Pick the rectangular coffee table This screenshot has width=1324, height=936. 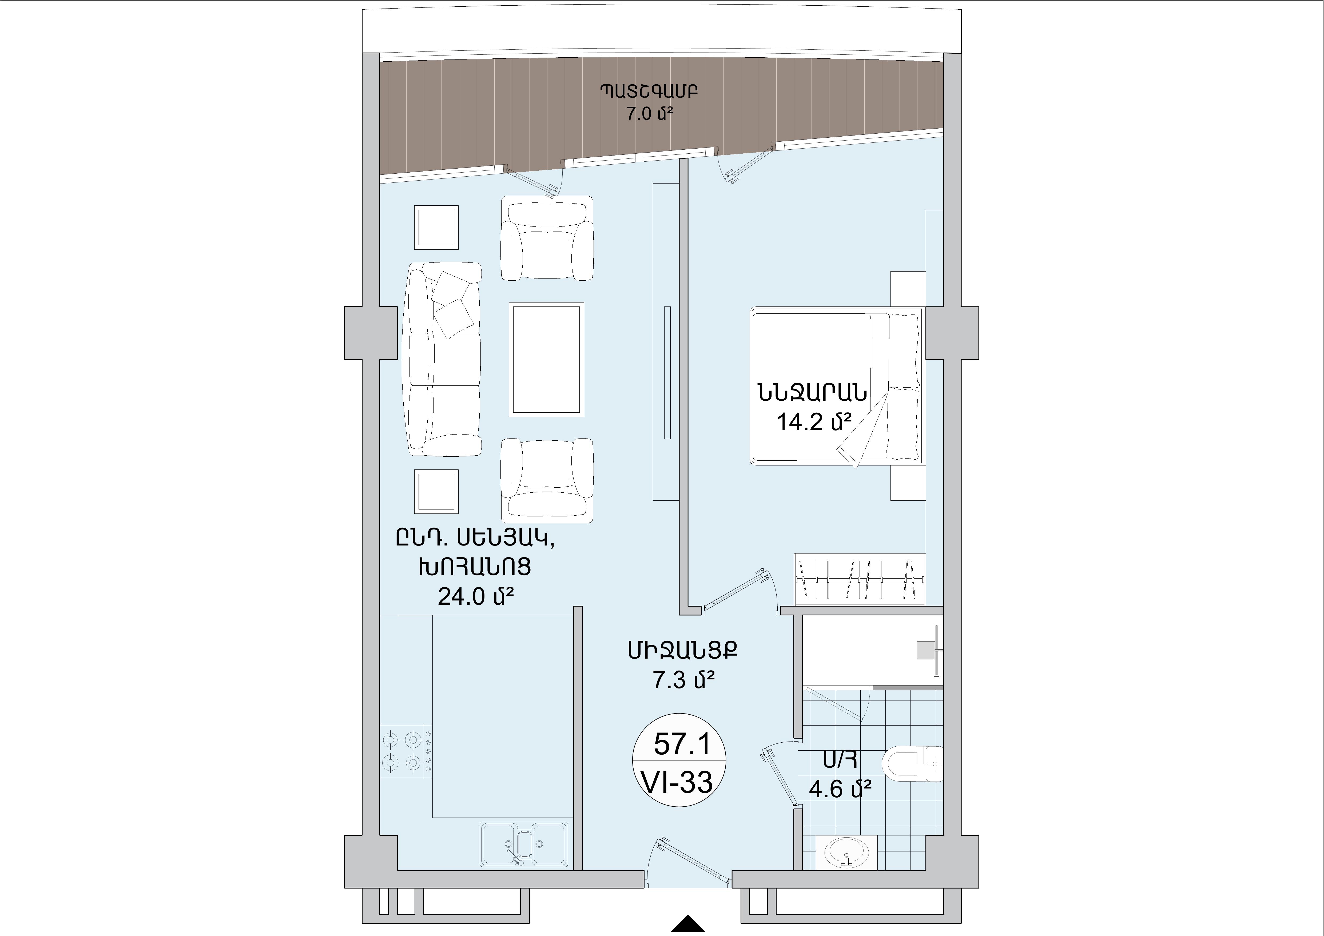click(546, 359)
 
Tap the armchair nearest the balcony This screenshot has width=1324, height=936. click(547, 238)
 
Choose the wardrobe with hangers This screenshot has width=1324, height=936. click(860, 580)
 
